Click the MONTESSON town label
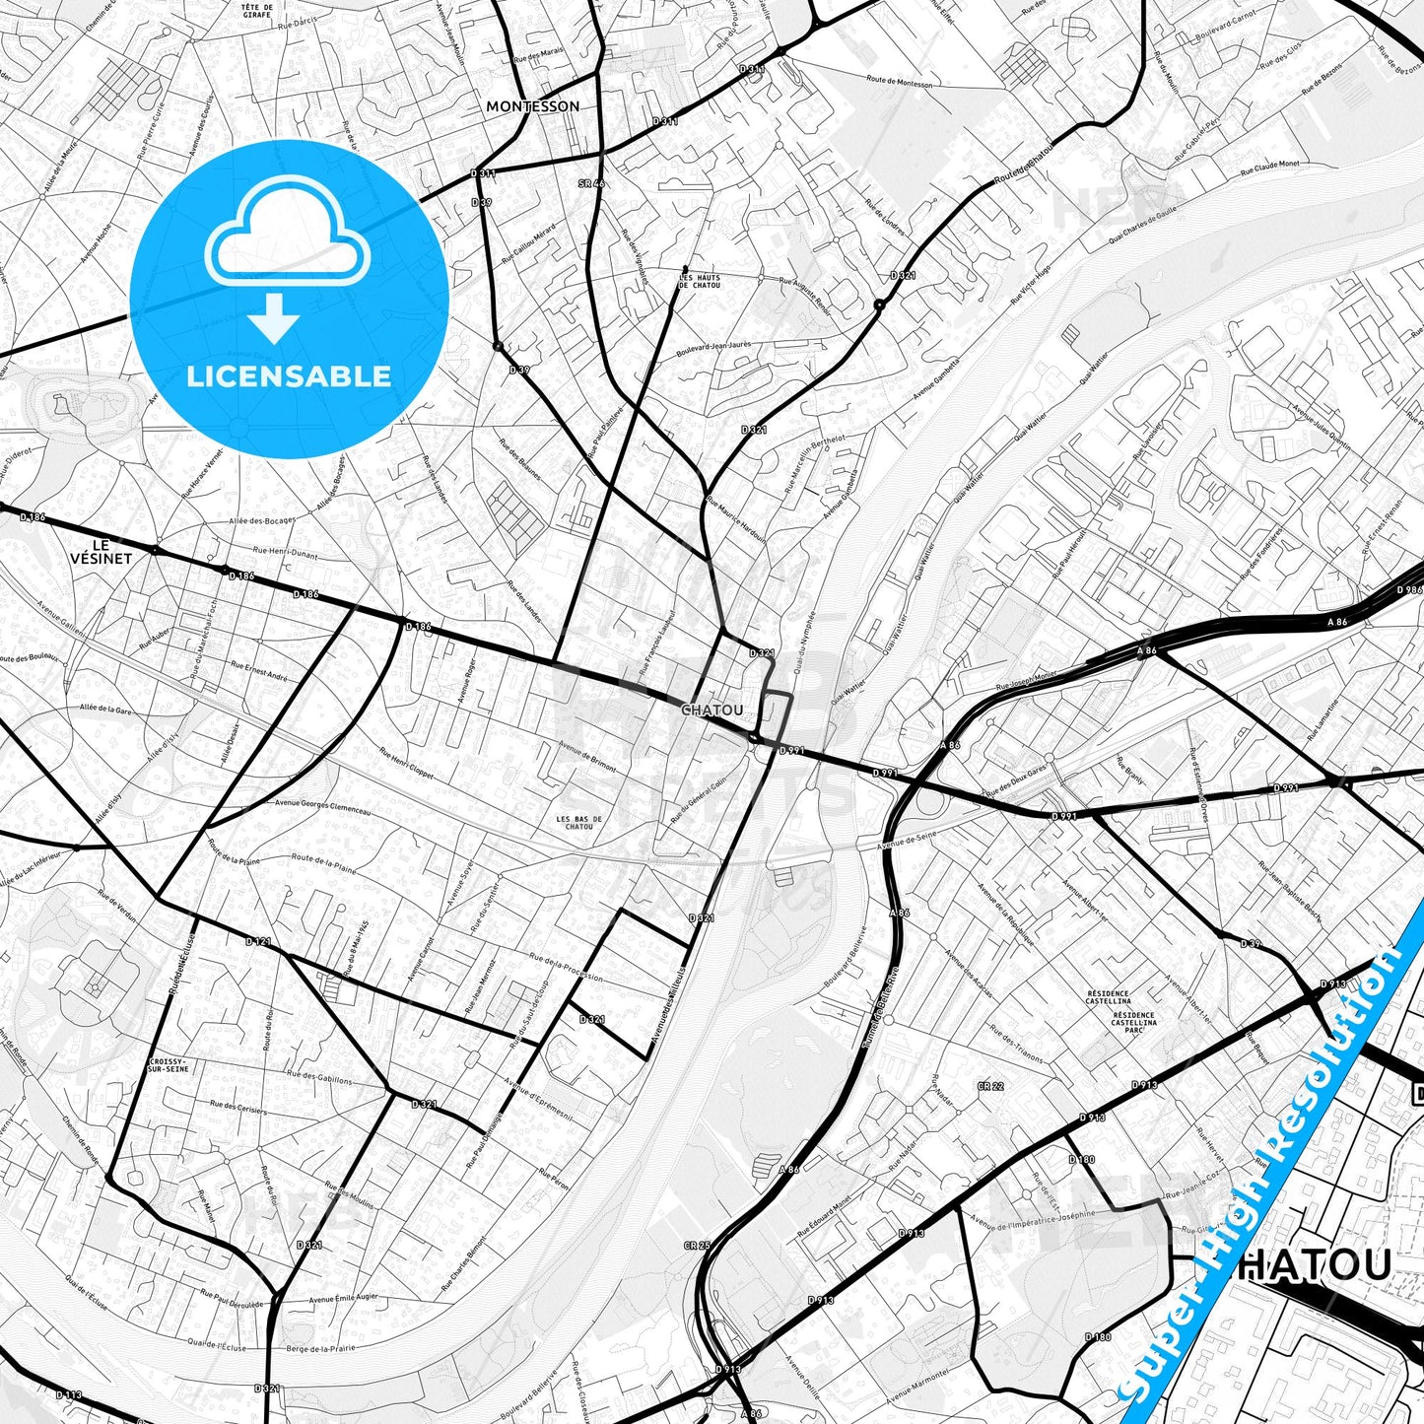(x=533, y=106)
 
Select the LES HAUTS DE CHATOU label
(x=700, y=282)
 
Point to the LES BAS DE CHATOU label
(x=579, y=823)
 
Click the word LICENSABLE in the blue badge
(x=289, y=375)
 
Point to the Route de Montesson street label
(x=899, y=84)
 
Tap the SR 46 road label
(x=591, y=184)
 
